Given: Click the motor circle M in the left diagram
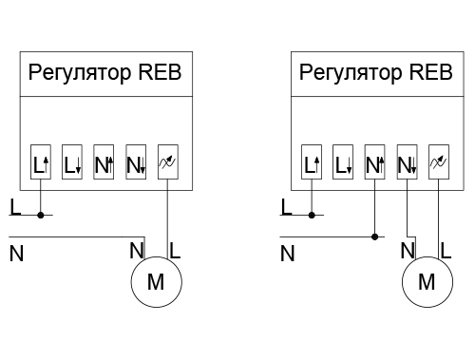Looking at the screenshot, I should [154, 281].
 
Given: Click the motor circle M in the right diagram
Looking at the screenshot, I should [427, 281].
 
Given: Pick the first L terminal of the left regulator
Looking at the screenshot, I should [41, 164].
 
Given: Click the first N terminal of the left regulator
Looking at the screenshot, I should [104, 164].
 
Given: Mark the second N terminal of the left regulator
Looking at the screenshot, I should [136, 164].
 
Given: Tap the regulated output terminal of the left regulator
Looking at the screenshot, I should [167, 164].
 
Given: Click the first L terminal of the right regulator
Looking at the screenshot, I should [313, 164].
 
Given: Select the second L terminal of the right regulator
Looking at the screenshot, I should [344, 164].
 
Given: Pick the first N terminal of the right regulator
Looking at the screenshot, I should [375, 164].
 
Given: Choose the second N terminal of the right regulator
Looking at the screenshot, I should [407, 164].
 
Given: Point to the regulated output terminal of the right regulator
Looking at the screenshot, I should [438, 164].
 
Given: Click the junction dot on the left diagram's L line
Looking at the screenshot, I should [41, 215].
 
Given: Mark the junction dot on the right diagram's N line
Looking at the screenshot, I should [375, 237].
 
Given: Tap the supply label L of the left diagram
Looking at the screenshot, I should [12, 205].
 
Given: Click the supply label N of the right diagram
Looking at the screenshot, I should [287, 254].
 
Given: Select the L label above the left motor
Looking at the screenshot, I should [175, 251].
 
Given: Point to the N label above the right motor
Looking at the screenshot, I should [408, 251].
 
